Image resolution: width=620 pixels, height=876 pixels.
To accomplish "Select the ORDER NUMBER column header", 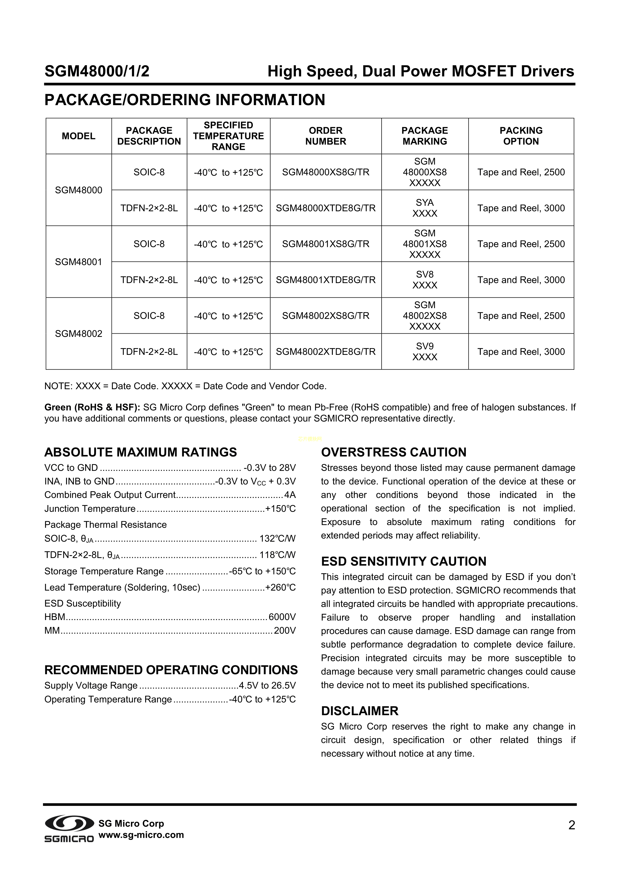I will pyautogui.click(x=325, y=136).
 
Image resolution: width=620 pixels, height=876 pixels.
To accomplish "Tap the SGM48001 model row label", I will pyautogui.click(x=79, y=262).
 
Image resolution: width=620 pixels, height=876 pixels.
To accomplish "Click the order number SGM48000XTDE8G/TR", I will pyautogui.click(x=325, y=208).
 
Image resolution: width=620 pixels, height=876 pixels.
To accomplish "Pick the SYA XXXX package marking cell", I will pyautogui.click(x=425, y=208).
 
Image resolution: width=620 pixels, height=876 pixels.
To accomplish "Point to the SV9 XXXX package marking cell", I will pyautogui.click(x=425, y=351).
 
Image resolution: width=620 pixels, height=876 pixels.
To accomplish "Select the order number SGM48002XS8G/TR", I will pyautogui.click(x=325, y=316).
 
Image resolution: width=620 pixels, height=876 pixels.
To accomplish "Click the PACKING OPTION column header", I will pyautogui.click(x=521, y=136).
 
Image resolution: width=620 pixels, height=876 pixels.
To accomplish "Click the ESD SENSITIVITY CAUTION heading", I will pyautogui.click(x=404, y=561).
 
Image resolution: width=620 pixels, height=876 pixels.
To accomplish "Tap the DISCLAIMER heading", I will pyautogui.click(x=360, y=711).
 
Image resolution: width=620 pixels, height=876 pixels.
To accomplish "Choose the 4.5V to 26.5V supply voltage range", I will pyautogui.click(x=267, y=686).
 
